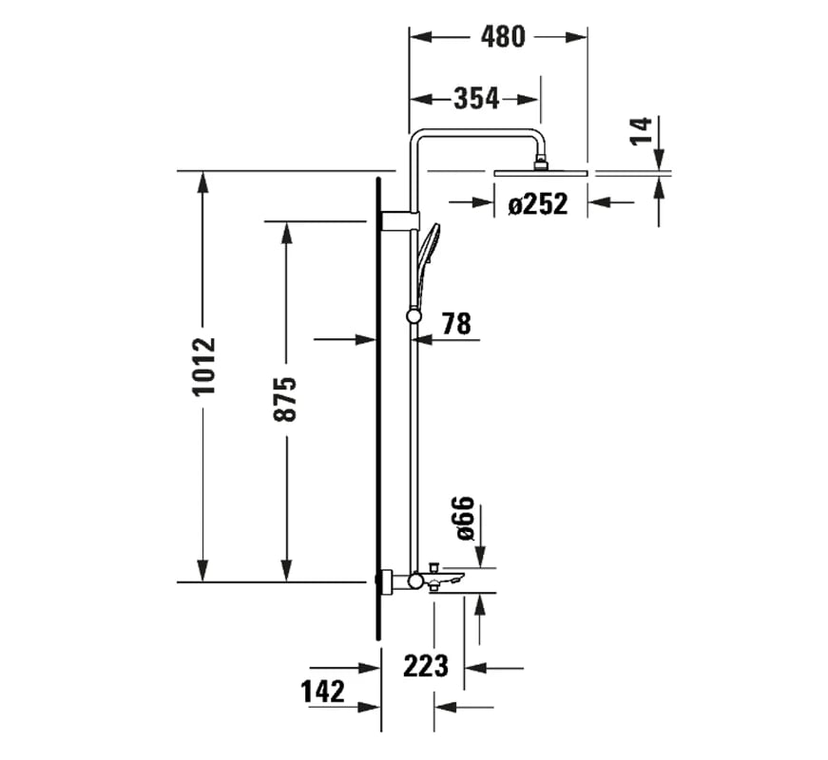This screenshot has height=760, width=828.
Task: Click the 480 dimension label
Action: coord(502,37)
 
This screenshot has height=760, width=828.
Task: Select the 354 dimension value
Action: coord(475,98)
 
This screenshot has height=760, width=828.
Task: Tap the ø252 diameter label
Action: coord(537,203)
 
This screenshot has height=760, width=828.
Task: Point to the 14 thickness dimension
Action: coord(643,131)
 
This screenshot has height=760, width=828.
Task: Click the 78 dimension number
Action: coord(455,324)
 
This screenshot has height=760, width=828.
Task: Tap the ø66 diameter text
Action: coord(466,518)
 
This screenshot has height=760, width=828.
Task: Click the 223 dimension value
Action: coord(425,666)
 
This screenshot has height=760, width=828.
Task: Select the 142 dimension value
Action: coord(323,692)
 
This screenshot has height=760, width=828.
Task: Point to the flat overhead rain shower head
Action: coord(540,173)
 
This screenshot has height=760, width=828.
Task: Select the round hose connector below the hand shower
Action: coord(414,315)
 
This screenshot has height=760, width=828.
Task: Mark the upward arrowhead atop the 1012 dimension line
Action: coord(202,181)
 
